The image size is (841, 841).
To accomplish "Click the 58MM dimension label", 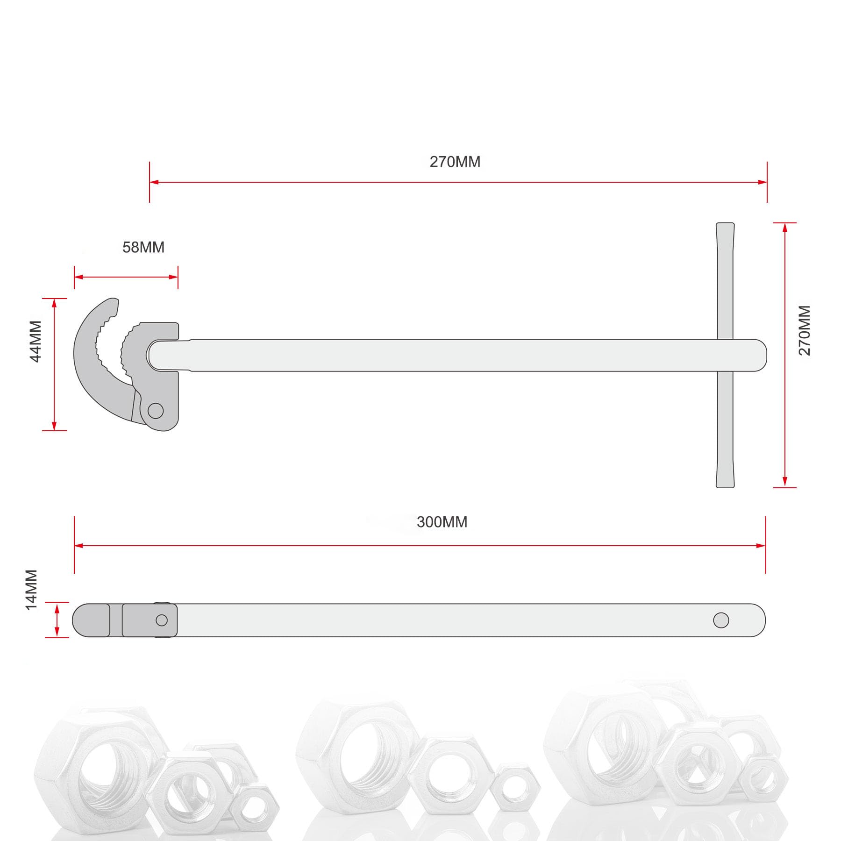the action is [143, 247].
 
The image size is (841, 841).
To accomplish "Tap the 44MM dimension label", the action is [36, 341].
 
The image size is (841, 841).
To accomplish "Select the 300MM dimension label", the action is [442, 522].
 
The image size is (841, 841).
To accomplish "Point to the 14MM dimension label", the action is [31, 589].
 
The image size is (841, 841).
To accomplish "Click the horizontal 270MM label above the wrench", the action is [455, 162].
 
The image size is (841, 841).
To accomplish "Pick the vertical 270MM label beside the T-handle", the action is [804, 330].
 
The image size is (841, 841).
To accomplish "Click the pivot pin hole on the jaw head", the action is [156, 411].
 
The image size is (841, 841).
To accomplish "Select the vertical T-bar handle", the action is [725, 355].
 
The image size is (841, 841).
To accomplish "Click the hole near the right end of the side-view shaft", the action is [721, 620].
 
